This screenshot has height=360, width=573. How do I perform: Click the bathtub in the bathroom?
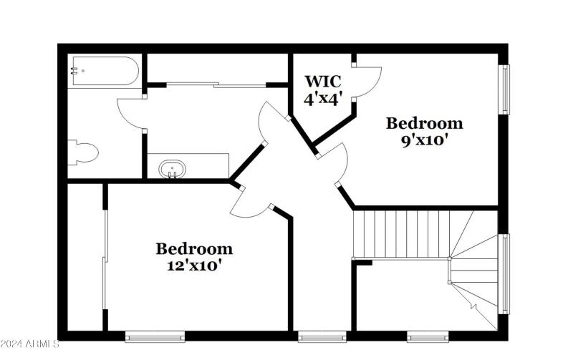(x=103, y=72)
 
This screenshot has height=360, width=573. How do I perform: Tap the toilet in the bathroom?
(x=83, y=152)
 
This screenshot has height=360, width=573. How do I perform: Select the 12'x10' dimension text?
(x=194, y=266)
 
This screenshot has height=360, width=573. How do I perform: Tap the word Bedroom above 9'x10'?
(x=424, y=123)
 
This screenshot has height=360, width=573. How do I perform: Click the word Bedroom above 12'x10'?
(x=194, y=249)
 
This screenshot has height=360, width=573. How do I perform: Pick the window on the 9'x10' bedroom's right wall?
(x=504, y=89)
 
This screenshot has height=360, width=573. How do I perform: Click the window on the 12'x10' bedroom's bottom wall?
(x=155, y=336)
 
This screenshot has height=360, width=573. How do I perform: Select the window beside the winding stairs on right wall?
(x=504, y=273)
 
